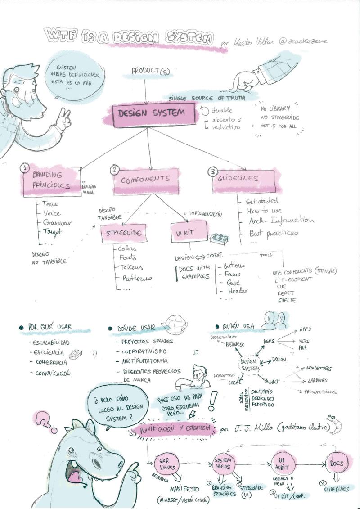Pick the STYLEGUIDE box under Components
[x=124, y=233]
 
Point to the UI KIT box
[x=189, y=233]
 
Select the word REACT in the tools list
[x=285, y=293]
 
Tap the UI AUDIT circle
[x=283, y=463]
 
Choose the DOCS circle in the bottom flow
[x=336, y=464]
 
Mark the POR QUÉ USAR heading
[x=49, y=327]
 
